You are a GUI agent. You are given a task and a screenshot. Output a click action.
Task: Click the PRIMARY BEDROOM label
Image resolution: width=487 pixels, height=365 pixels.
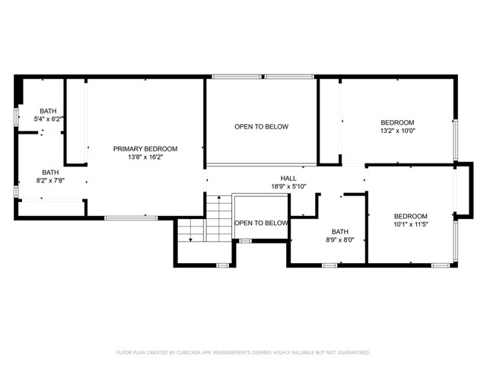pyautogui.click(x=145, y=148)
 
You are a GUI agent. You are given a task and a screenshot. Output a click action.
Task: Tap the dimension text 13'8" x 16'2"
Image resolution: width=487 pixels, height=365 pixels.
pyautogui.click(x=145, y=157)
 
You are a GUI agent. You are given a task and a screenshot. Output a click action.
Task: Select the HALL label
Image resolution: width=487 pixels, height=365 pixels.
pyautogui.click(x=288, y=178)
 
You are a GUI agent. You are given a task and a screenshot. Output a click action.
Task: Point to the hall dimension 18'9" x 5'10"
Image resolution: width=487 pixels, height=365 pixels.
pyautogui.click(x=288, y=186)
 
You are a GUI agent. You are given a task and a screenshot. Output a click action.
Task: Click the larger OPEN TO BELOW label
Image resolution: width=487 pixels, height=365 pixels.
pyautogui.click(x=261, y=126)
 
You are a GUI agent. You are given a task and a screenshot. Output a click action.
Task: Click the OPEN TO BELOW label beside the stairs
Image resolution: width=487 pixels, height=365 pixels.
pyautogui.click(x=261, y=223)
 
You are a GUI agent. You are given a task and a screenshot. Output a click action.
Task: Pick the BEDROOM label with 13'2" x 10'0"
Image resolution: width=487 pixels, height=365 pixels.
pyautogui.click(x=397, y=122)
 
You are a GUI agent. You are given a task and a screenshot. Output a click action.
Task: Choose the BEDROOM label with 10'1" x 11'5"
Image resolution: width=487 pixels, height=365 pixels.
pyautogui.click(x=410, y=216)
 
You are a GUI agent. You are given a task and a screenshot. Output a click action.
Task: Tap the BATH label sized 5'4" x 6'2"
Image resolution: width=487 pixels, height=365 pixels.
pyautogui.click(x=49, y=110)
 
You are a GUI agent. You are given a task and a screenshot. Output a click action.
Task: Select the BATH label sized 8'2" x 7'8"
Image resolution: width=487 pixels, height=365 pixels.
pyautogui.click(x=50, y=172)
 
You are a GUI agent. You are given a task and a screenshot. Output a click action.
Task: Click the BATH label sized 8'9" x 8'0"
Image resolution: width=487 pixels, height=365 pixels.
pyautogui.click(x=339, y=232)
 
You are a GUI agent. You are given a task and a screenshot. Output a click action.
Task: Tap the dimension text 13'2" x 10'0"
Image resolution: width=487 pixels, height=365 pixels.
pyautogui.click(x=397, y=131)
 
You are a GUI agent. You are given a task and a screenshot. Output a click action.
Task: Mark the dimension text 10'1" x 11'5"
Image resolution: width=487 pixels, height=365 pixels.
pyautogui.click(x=410, y=224)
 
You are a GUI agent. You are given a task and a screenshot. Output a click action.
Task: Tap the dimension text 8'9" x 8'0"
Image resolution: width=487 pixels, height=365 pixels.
pyautogui.click(x=339, y=240)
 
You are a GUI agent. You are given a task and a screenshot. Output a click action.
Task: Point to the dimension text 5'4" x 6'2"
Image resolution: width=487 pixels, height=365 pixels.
pyautogui.click(x=49, y=119)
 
